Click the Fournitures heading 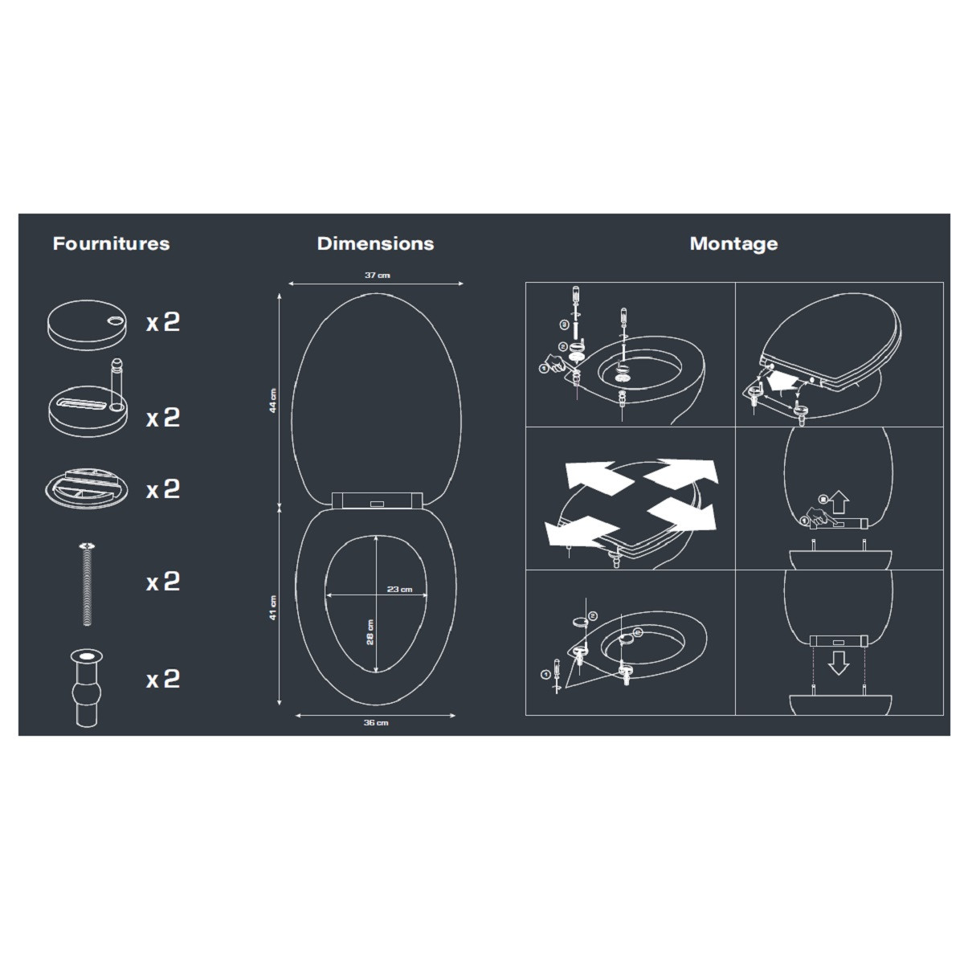click(111, 243)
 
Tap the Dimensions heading click(375, 243)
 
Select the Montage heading click(733, 244)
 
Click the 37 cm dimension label click(378, 276)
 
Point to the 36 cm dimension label click(376, 722)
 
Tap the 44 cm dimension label click(272, 400)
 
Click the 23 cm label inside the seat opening click(400, 589)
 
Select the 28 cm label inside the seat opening click(370, 632)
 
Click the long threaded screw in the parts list click(87, 584)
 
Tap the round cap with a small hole click(87, 325)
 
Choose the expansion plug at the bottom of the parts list click(87, 688)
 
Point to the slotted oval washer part click(87, 488)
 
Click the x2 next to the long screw click(163, 582)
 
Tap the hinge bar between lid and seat click(377, 500)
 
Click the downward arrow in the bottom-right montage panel click(839, 663)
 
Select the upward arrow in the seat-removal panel click(840, 502)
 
